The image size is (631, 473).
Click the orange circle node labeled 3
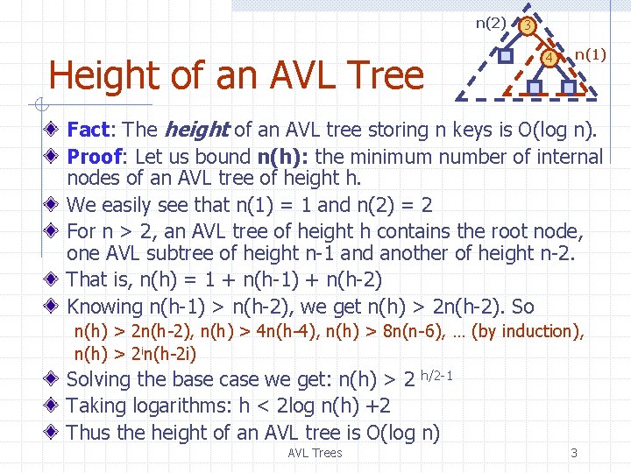pyautogui.click(x=526, y=26)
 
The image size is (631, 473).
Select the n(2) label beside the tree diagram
pyautogui.click(x=491, y=24)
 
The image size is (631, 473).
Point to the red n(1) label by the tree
pyautogui.click(x=590, y=54)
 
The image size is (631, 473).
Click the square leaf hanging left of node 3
pyautogui.click(x=506, y=55)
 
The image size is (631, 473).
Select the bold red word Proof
pyautogui.click(x=96, y=157)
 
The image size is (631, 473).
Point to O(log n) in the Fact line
pyautogui.click(x=557, y=131)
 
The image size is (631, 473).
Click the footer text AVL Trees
pyautogui.click(x=315, y=453)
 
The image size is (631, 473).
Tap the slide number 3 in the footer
pyautogui.click(x=574, y=453)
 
